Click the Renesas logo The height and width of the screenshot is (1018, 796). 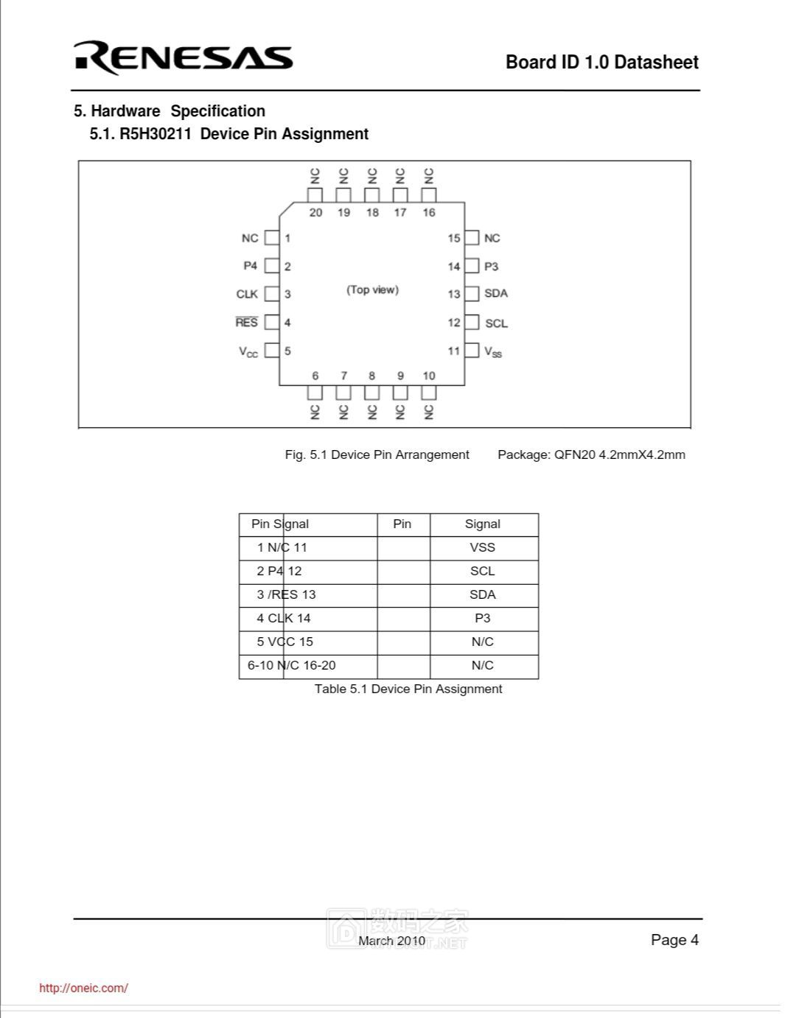[183, 57]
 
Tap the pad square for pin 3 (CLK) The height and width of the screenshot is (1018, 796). [272, 294]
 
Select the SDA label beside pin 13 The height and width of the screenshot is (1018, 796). [496, 293]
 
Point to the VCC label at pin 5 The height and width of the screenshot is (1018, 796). [248, 351]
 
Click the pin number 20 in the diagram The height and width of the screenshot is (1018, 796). [315, 213]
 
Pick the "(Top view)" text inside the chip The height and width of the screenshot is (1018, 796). [372, 289]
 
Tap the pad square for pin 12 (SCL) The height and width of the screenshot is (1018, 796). [472, 323]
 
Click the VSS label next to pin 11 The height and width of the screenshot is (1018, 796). [493, 351]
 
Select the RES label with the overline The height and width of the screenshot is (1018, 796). [247, 323]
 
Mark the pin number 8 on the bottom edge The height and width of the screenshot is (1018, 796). [372, 376]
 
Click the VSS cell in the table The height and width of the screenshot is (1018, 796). [483, 547]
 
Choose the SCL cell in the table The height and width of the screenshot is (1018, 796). [483, 571]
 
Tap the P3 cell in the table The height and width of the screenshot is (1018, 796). [483, 618]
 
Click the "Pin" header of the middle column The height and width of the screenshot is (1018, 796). [402, 524]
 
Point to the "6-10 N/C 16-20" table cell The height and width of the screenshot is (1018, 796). [292, 665]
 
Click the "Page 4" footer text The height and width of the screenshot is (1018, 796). [674, 940]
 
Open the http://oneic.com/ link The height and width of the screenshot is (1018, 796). [83, 989]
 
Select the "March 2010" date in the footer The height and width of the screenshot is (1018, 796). [391, 941]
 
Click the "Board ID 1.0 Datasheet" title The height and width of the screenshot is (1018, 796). [601, 62]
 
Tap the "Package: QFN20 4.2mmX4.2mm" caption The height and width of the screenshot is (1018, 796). [591, 454]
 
